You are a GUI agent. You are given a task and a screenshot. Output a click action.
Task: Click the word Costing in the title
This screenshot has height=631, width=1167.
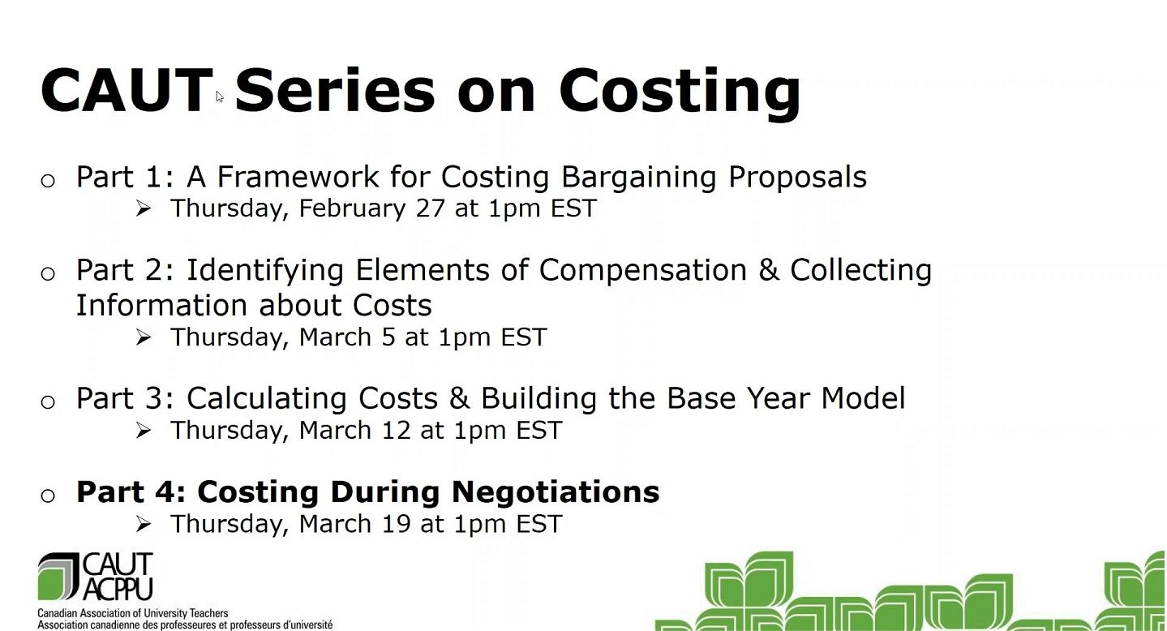(680, 92)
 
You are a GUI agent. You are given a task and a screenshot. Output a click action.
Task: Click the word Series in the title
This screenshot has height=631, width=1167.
(335, 90)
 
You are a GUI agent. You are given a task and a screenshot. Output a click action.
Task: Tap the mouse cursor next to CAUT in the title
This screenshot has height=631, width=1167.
(220, 97)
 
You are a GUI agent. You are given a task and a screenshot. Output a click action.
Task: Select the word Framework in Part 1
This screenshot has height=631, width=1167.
(298, 176)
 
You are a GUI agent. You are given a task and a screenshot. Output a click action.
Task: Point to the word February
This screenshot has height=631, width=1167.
(352, 209)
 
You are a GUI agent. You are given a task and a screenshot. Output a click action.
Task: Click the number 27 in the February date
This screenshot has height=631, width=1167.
(431, 208)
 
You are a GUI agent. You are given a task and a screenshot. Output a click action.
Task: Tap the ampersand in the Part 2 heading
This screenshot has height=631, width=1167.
(769, 270)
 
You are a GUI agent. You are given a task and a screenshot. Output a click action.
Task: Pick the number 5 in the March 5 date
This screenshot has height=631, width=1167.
(388, 337)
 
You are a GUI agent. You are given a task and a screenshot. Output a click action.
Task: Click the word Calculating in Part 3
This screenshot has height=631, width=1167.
(266, 399)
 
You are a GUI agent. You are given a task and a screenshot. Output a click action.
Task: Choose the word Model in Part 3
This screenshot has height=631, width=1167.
(863, 398)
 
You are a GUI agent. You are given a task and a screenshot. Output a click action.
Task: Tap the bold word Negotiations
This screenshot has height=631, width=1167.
(556, 493)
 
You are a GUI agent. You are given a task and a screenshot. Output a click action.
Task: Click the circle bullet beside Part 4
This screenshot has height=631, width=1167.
(48, 496)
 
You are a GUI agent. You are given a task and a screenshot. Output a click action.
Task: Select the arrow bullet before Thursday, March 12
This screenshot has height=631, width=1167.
(144, 431)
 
